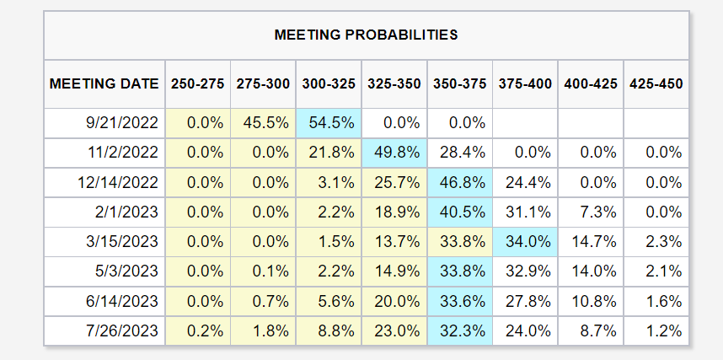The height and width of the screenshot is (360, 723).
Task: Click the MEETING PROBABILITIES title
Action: click(366, 35)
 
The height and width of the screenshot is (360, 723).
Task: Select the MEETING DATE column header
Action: click(104, 84)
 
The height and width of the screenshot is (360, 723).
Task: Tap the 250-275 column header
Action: click(198, 84)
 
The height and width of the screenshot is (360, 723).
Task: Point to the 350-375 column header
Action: click(460, 84)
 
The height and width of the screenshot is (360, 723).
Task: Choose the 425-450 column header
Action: click(656, 84)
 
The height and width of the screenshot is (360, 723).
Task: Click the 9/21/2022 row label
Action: click(122, 123)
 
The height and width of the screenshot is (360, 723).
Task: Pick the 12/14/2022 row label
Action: click(118, 182)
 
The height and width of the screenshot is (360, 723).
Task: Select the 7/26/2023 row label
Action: click(122, 331)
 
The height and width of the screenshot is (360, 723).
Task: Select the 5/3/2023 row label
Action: click(126, 271)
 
